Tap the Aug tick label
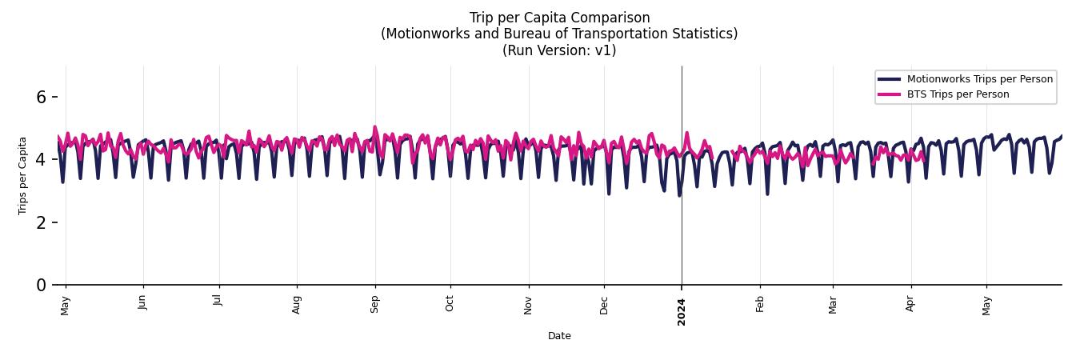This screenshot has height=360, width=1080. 297,304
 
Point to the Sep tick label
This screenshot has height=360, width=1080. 374,304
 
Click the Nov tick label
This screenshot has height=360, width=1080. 528,304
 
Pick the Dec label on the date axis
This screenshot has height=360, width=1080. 604,304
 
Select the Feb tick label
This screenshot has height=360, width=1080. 760,304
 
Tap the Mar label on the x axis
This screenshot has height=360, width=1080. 833,304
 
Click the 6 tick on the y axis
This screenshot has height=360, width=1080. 42,98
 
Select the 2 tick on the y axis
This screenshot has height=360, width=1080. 42,222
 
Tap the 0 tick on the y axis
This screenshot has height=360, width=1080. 42,285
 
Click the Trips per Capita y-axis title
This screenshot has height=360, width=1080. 22,175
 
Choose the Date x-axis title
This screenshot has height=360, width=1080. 559,336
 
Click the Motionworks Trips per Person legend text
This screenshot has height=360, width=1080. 979,79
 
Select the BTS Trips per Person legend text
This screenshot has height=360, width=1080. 958,94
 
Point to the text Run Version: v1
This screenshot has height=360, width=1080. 559,50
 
